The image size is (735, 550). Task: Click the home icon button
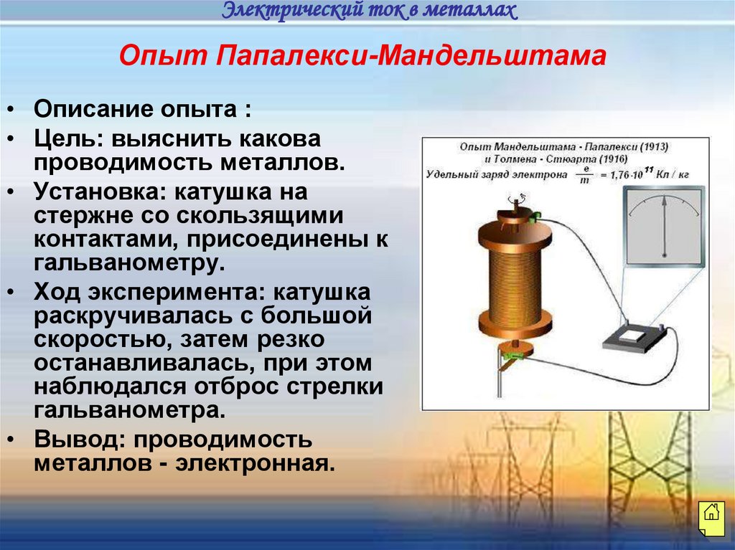pos(710,513)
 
